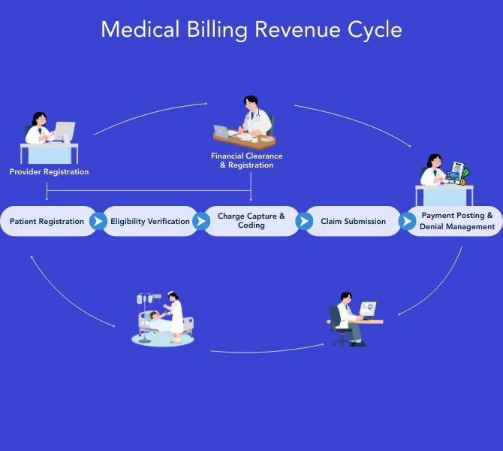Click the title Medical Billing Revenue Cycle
[x=251, y=29]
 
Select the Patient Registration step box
[x=47, y=222]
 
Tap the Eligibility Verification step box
[x=150, y=222]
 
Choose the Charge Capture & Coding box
[x=251, y=221]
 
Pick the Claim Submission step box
[x=353, y=222]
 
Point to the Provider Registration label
[x=49, y=172]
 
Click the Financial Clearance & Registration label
[x=246, y=161]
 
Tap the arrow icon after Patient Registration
[x=98, y=222]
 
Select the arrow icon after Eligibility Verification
[x=200, y=222]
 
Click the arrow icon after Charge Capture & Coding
[x=304, y=222]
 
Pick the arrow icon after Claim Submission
[x=407, y=222]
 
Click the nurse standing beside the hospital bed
[x=175, y=316]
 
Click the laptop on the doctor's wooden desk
[x=222, y=132]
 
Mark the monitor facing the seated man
[x=368, y=309]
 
